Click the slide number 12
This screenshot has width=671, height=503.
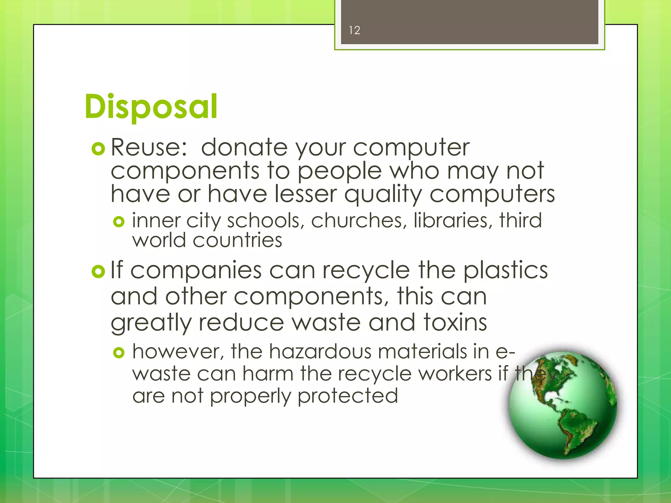(355, 30)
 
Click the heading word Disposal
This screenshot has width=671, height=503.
(151, 106)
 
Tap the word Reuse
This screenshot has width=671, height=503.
(149, 147)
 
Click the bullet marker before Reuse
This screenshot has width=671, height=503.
(98, 149)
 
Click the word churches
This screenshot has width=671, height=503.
(356, 220)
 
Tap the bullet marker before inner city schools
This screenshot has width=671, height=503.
(119, 222)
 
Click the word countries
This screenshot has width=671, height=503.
(237, 241)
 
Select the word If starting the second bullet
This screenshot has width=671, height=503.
(116, 270)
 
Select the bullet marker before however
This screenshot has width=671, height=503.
(119, 353)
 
